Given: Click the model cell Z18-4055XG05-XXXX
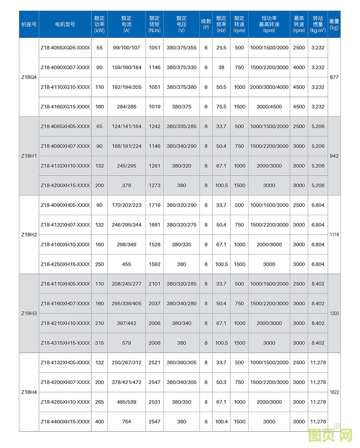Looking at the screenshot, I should pyautogui.click(x=65, y=48).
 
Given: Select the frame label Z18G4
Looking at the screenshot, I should pyautogui.click(x=29, y=77).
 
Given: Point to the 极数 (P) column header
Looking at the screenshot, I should pyautogui.click(x=206, y=24).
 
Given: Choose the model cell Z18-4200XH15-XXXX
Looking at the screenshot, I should pyautogui.click(x=65, y=185).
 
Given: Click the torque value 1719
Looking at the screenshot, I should pyautogui.click(x=155, y=205).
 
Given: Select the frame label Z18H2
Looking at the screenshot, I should pyautogui.click(x=29, y=235).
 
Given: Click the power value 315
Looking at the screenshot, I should pyautogui.click(x=100, y=343).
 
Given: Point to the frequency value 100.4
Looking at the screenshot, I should pyautogui.click(x=221, y=422).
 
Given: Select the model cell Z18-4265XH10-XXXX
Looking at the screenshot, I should pyautogui.click(x=65, y=402).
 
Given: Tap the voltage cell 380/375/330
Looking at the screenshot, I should pyautogui.click(x=181, y=67).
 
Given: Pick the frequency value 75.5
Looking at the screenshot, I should pyautogui.click(x=221, y=107).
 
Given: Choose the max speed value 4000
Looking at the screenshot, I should pyautogui.click(x=299, y=67).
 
